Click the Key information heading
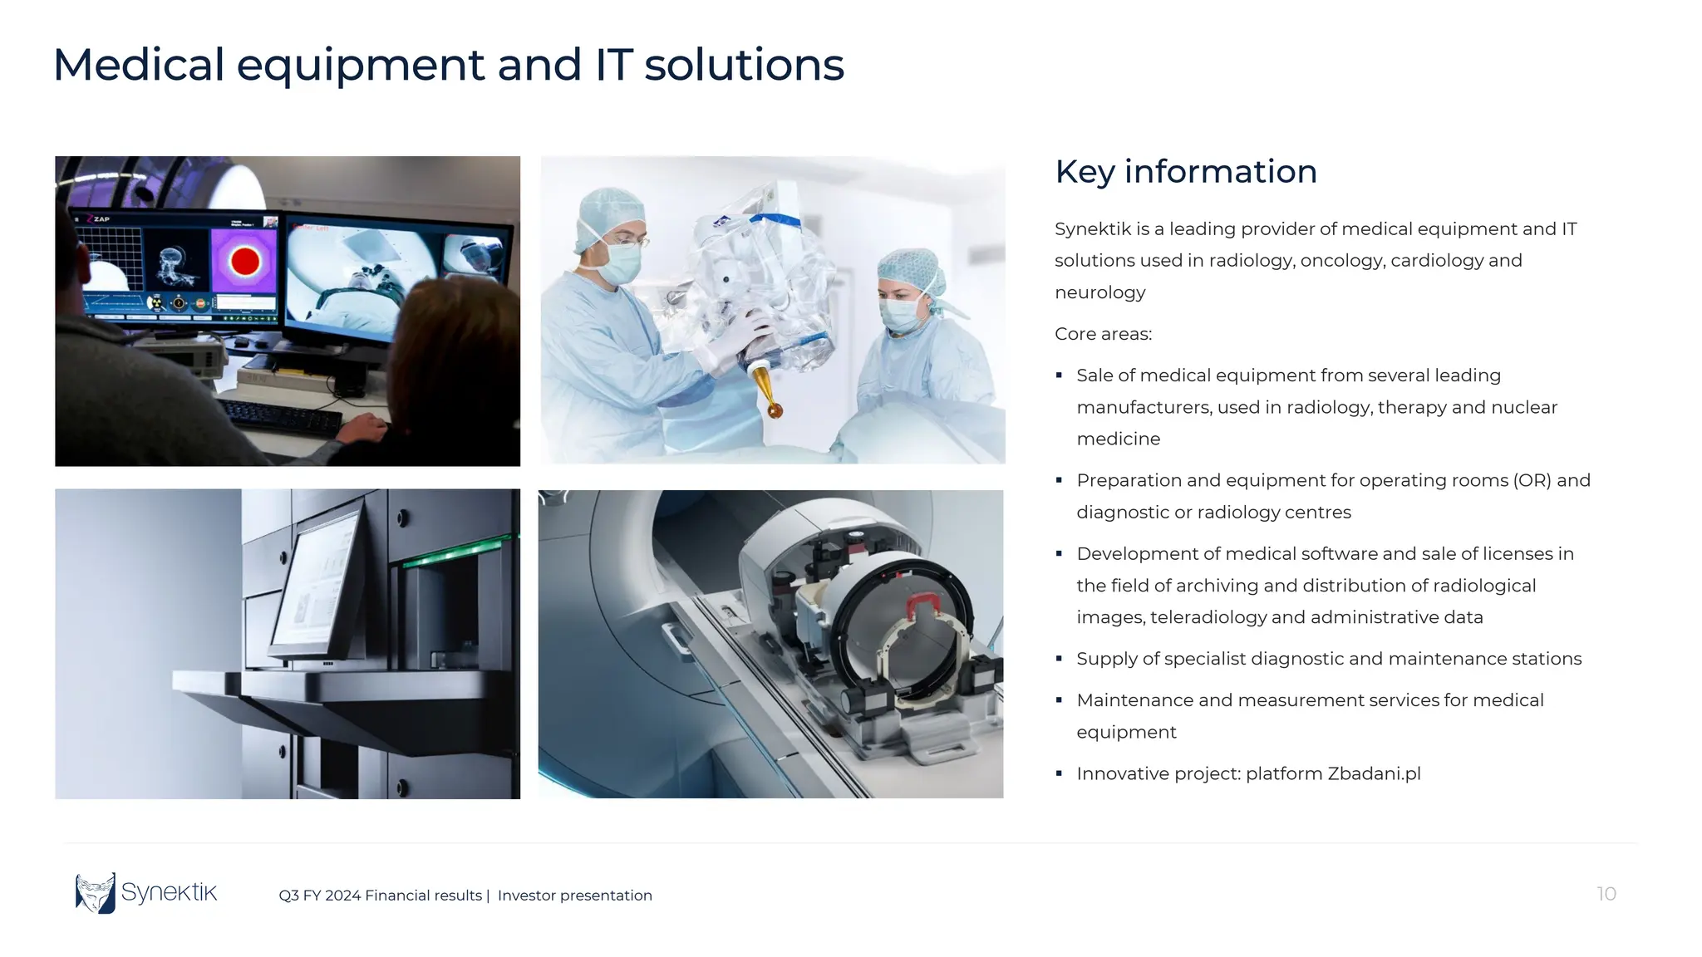click(1185, 172)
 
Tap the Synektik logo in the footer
click(146, 893)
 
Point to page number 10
click(1606, 894)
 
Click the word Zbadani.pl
click(1374, 773)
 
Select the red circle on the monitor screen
click(245, 261)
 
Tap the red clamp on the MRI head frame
click(922, 606)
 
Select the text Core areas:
click(1103, 334)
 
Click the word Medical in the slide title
click(139, 65)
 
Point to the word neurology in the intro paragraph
click(1099, 292)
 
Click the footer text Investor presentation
click(574, 896)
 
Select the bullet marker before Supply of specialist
click(1059, 659)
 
